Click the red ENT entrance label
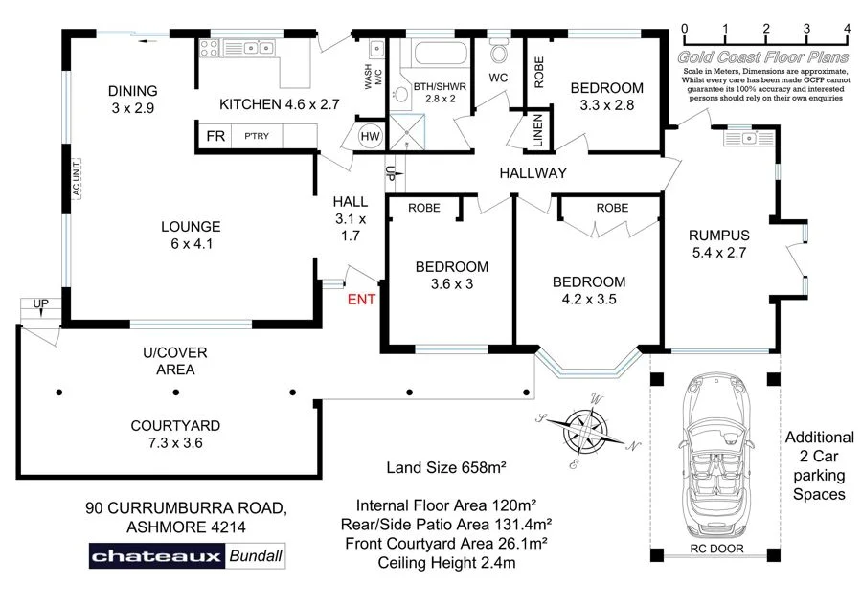[x=361, y=300]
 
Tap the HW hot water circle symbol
[x=370, y=137]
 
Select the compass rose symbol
[x=585, y=431]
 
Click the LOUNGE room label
[x=191, y=227]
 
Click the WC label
[x=498, y=77]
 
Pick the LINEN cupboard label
[x=538, y=131]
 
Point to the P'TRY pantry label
[x=256, y=137]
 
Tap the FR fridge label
[x=215, y=137]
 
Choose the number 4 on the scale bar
[x=847, y=29]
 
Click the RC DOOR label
[x=716, y=550]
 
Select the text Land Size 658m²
[x=445, y=468]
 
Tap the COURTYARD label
[x=175, y=425]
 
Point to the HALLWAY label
[x=533, y=173]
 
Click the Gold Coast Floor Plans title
[x=763, y=57]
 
